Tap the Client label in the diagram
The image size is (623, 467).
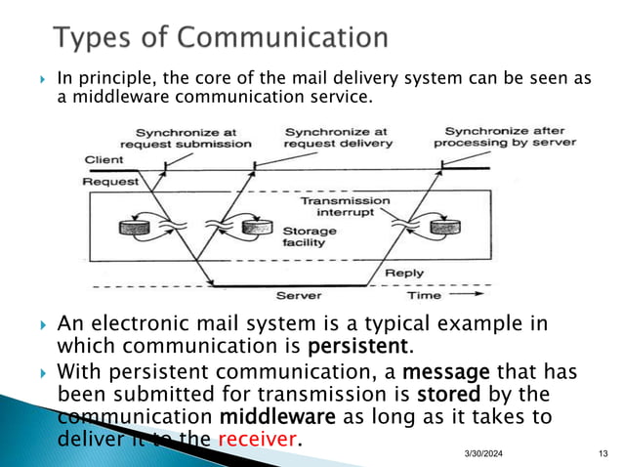pos(104,158)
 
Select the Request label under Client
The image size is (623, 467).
pos(109,181)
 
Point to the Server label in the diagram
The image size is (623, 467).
pos(300,295)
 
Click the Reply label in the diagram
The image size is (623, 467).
pos(403,273)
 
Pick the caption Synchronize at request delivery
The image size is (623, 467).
pos(337,137)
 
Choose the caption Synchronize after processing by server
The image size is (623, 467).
pos(511,137)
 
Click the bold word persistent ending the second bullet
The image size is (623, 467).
pos(354,347)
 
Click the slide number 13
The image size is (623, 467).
pos(602,452)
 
